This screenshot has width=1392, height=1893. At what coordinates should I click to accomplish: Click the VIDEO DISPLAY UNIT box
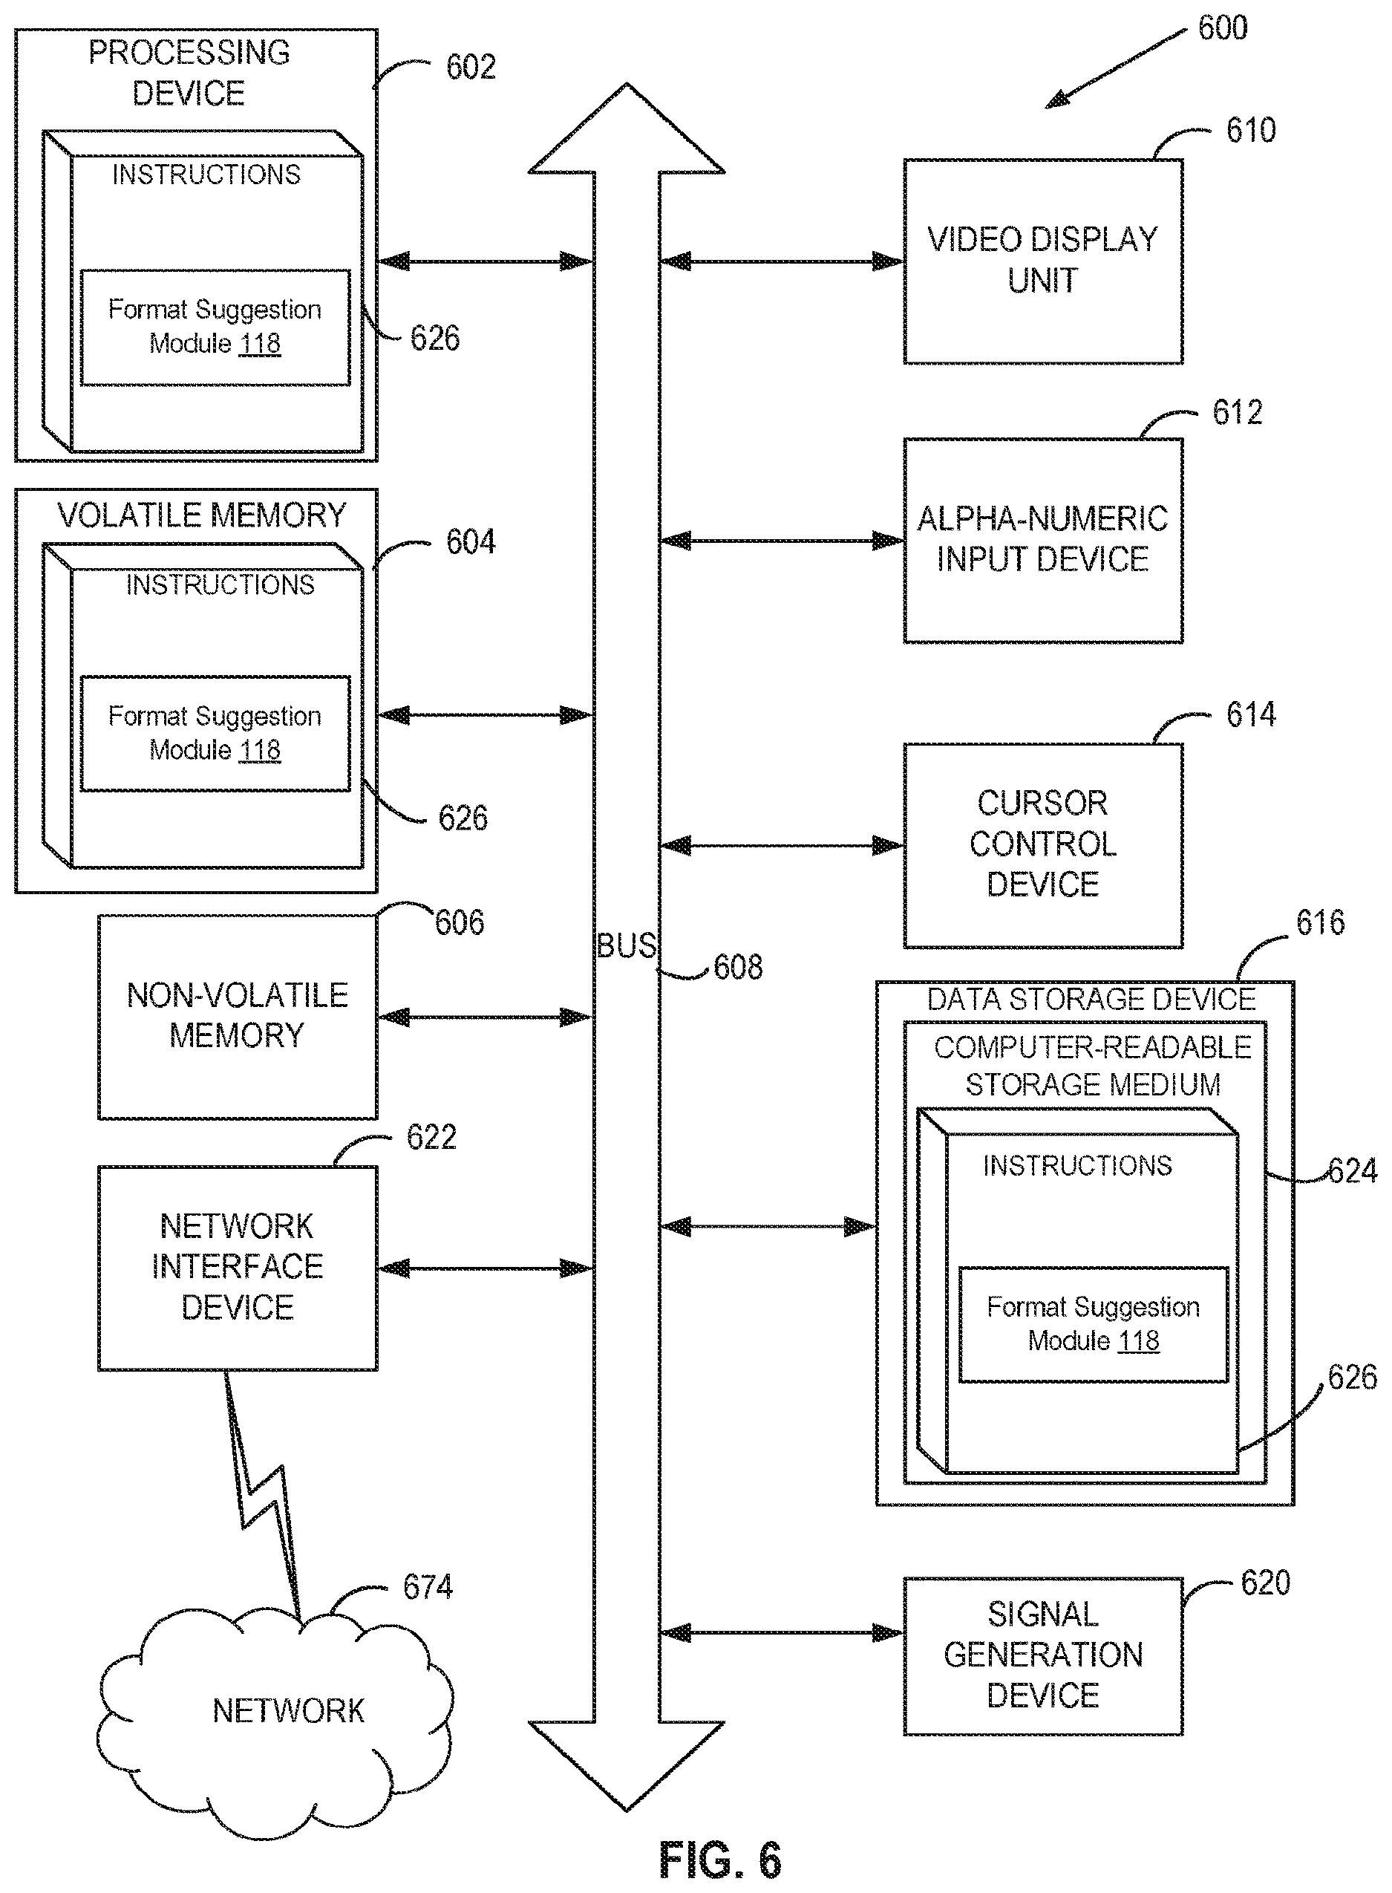1043,261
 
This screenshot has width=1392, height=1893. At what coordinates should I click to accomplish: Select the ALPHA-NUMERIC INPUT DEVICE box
1043,540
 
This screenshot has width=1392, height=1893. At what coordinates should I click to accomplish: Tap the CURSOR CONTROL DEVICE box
1043,845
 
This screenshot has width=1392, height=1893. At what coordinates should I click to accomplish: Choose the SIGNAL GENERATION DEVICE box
1043,1656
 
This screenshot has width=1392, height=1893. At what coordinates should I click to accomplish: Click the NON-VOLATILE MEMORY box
238,1017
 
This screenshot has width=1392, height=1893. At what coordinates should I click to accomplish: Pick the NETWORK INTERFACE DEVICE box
238,1268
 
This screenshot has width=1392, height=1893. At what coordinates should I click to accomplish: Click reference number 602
470,67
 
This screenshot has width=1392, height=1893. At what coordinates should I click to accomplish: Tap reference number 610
1250,130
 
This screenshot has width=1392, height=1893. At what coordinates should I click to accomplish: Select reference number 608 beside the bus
738,967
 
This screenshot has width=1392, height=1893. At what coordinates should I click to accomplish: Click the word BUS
627,945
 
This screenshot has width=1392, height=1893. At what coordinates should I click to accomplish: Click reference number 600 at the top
1223,27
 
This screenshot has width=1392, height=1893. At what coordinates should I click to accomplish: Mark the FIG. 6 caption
720,1860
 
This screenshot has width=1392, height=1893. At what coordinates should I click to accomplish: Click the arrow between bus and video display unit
781,261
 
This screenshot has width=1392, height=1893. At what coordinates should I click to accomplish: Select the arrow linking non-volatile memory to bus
486,1017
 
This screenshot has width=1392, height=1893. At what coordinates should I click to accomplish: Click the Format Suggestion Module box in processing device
215,327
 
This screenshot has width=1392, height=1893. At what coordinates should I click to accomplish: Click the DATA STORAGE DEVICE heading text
1091,999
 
